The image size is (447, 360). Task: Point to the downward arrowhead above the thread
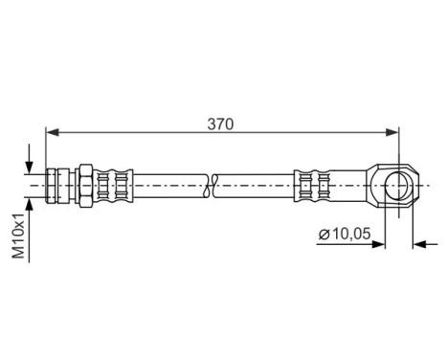(32, 164)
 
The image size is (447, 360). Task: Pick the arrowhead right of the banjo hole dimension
(419, 244)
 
